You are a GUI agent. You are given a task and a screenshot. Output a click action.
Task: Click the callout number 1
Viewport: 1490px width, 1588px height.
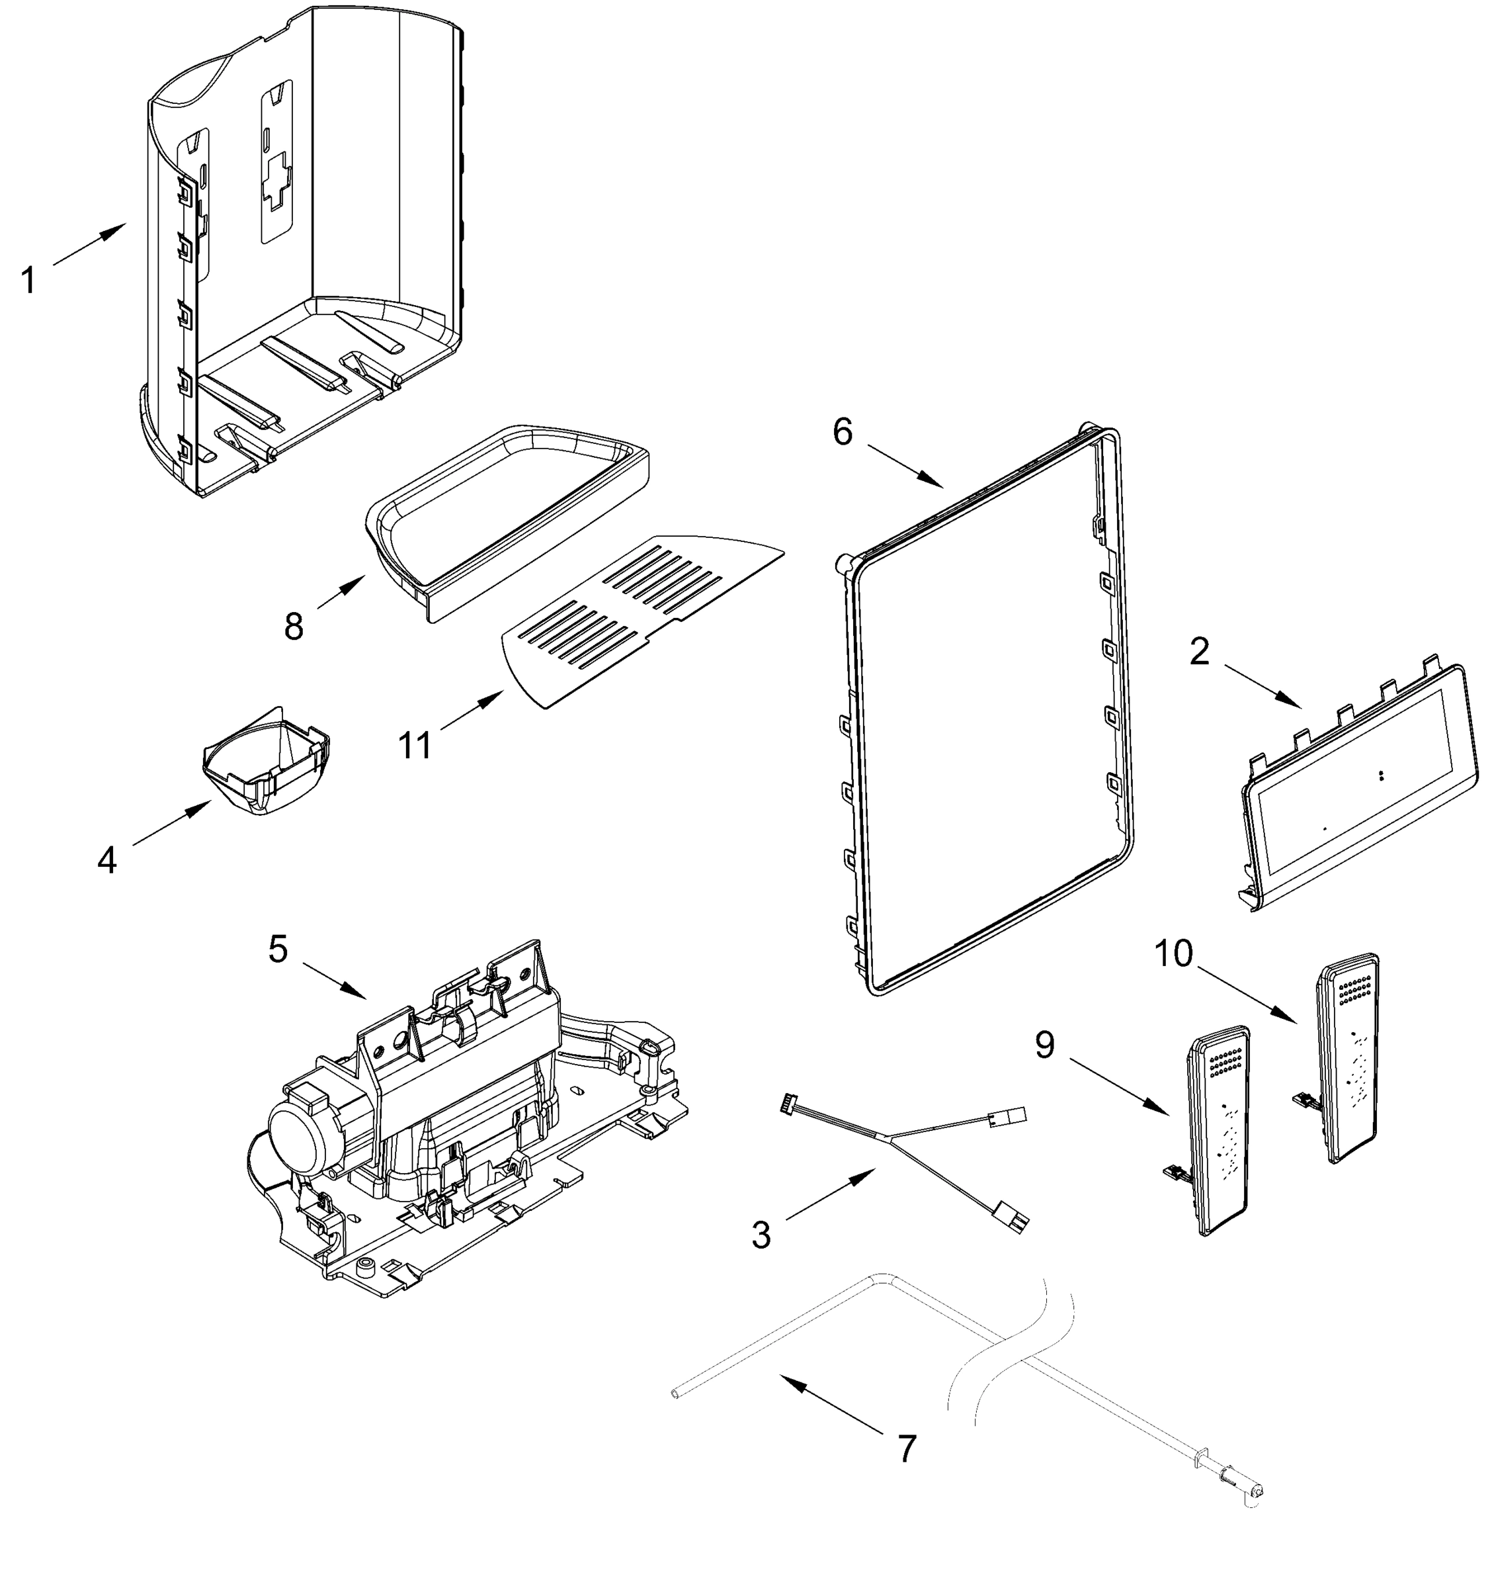pyautogui.click(x=28, y=281)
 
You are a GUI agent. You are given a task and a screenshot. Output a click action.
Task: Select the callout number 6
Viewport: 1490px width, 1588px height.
pyautogui.click(x=843, y=432)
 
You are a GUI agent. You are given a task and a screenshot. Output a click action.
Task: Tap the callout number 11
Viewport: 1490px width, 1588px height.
pyautogui.click(x=415, y=745)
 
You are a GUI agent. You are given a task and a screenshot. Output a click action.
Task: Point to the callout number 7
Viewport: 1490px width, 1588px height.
pyautogui.click(x=906, y=1449)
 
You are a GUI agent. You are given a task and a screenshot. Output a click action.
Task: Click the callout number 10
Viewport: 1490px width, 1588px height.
pyautogui.click(x=1173, y=953)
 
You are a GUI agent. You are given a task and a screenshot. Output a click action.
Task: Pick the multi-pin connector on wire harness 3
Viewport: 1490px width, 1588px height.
pyautogui.click(x=789, y=1102)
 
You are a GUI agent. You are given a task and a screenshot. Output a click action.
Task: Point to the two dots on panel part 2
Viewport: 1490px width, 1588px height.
pyautogui.click(x=1382, y=775)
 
